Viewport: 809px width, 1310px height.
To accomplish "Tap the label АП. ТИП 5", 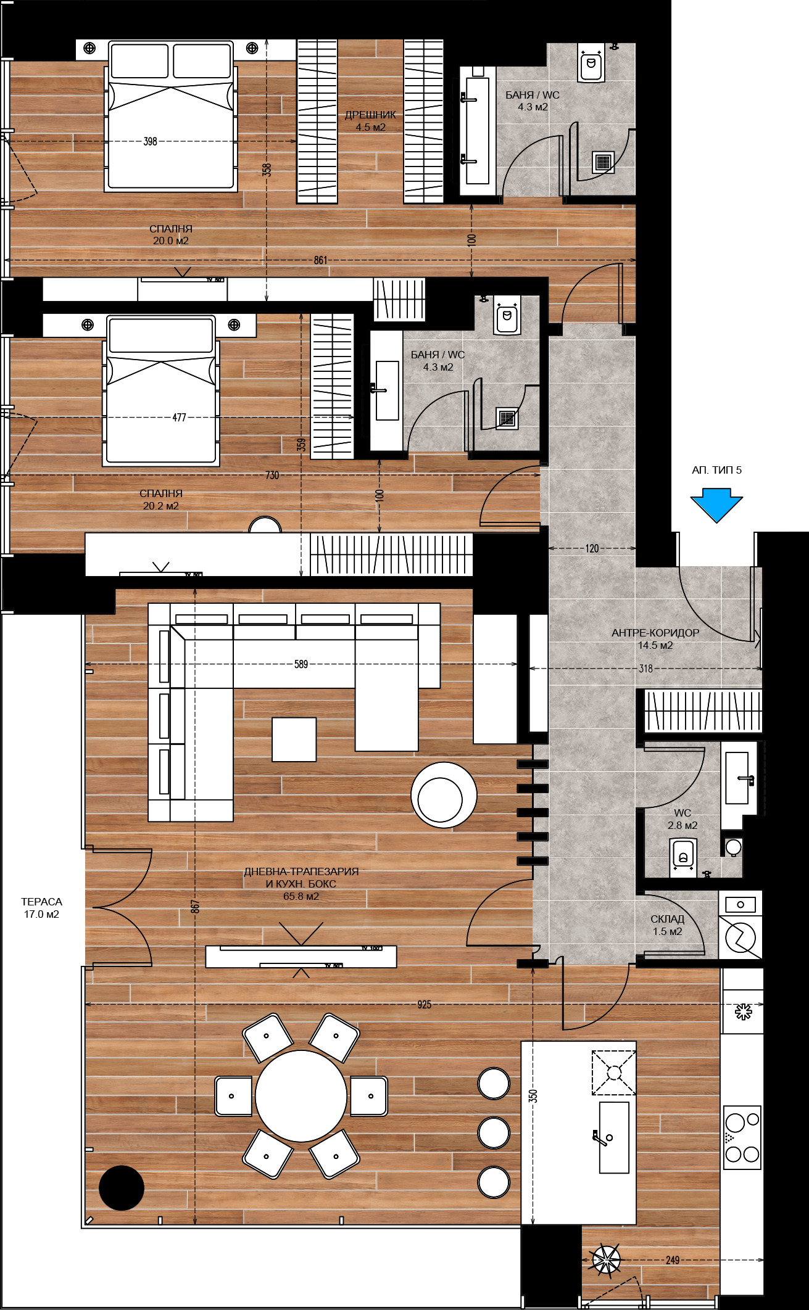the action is click(716, 470).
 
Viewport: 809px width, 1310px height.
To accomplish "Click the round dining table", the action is click(301, 1096).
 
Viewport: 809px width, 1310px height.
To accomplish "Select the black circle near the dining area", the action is click(122, 1187).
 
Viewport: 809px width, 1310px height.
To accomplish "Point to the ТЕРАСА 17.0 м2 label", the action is click(41, 908).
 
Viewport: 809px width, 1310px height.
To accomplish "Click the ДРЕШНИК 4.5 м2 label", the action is click(370, 121).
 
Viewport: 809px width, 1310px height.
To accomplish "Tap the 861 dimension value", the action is click(320, 260).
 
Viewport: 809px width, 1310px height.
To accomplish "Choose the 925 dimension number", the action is click(425, 1005).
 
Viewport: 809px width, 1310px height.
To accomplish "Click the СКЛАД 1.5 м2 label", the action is click(667, 925).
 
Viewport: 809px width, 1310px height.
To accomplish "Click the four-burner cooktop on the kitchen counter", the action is click(742, 1137).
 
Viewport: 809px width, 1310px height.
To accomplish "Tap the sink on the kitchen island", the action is click(614, 1137).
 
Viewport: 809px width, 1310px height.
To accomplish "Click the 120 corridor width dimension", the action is click(592, 548).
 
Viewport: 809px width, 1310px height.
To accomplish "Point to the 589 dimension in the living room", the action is click(301, 664).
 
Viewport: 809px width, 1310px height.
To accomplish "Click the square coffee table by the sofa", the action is click(294, 739).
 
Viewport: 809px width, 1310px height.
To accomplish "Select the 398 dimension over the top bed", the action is click(150, 141).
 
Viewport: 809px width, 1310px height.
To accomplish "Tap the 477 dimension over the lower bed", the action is click(179, 418).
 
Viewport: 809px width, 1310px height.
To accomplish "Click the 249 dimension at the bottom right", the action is click(673, 1260).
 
